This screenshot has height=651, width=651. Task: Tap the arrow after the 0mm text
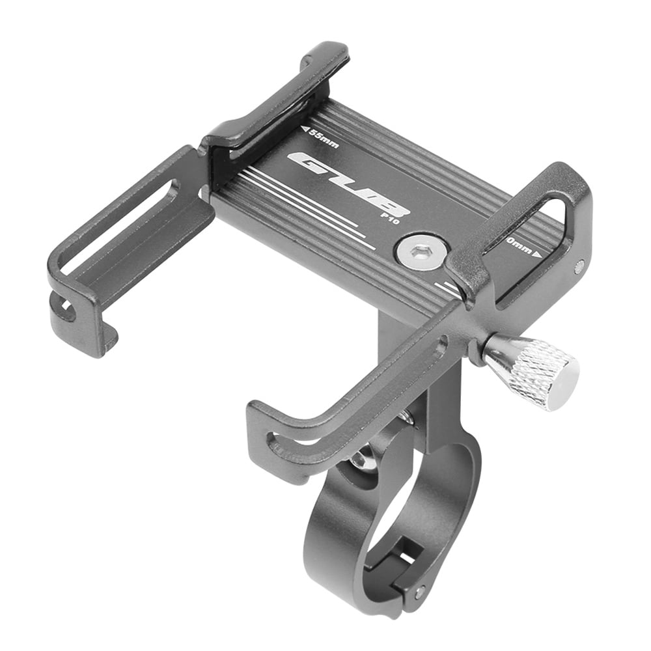[536, 255]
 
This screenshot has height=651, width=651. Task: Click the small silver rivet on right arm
[579, 265]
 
